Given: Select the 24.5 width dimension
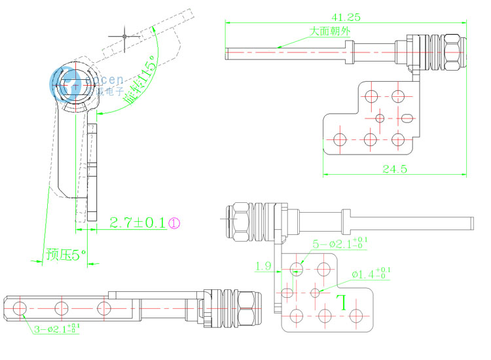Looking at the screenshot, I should [x=395, y=169].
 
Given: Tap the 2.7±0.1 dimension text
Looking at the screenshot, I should [x=137, y=223].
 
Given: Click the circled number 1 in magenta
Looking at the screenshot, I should [x=174, y=223].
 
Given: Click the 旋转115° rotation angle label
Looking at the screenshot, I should [x=139, y=82].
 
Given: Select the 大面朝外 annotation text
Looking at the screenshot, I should [x=329, y=31].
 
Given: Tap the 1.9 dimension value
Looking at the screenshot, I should [x=263, y=266].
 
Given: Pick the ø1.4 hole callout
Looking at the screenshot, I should [x=372, y=273].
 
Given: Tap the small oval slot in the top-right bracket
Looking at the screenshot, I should [x=407, y=118].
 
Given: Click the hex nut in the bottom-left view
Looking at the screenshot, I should [x=247, y=308].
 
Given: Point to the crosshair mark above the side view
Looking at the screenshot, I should [x=124, y=35].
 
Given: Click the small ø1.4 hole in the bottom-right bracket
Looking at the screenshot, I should [x=316, y=291].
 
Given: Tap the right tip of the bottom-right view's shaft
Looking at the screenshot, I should [x=471, y=223].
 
